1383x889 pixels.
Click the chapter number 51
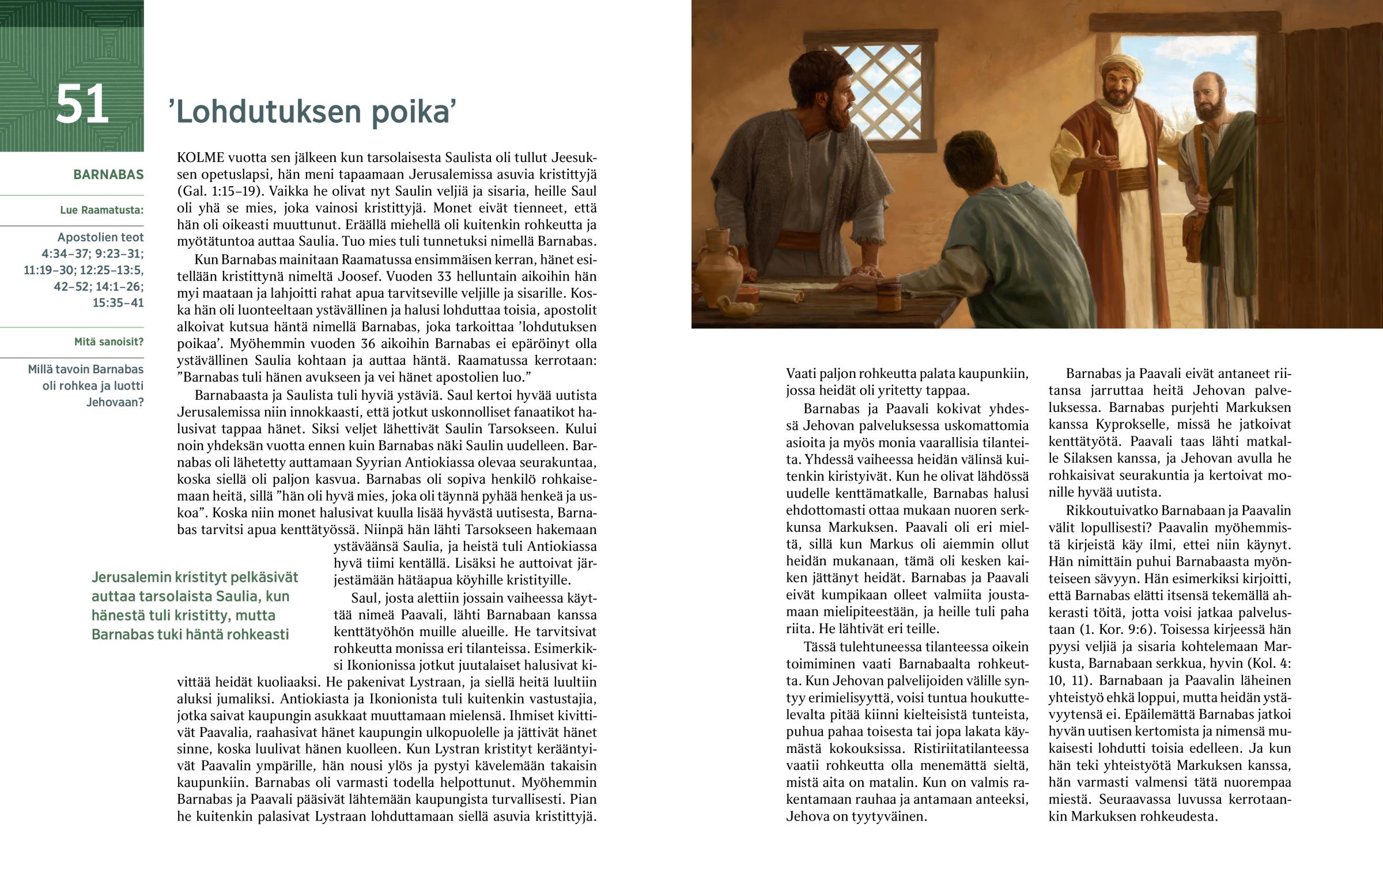click(x=82, y=105)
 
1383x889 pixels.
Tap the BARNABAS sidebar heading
click(x=108, y=175)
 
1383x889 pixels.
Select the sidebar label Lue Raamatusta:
click(x=101, y=210)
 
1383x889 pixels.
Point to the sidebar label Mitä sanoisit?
click(x=108, y=342)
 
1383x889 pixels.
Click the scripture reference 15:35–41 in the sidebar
click(x=118, y=303)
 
